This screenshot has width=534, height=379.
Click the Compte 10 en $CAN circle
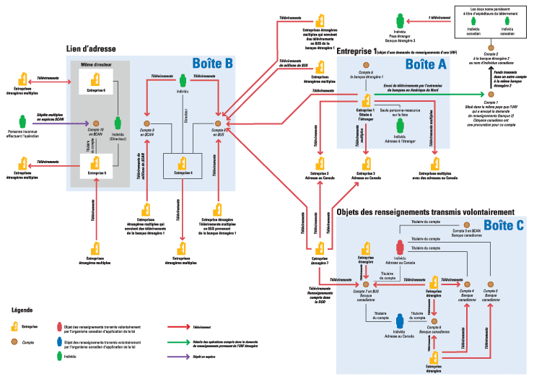pos(96,123)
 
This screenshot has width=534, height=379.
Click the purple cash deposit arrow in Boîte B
pos(61,123)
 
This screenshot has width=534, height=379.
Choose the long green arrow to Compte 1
pos(426,94)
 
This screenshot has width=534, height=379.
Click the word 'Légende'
pos(22,310)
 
